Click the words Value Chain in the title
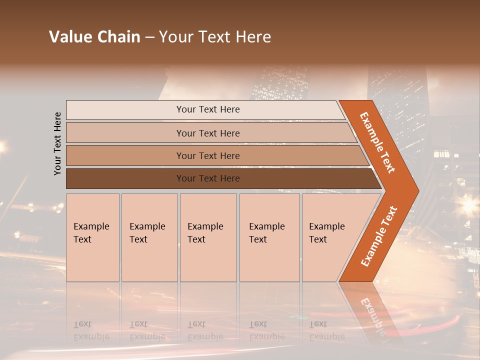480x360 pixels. pyautogui.click(x=94, y=36)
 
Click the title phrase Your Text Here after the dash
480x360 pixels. pyautogui.click(x=215, y=36)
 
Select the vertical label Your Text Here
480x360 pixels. pyautogui.click(x=57, y=143)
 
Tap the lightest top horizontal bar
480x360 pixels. pyautogui.click(x=207, y=109)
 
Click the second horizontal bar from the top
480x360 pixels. pyautogui.click(x=207, y=133)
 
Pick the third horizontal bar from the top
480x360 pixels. pyautogui.click(x=207, y=155)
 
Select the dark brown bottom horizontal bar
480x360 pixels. pyautogui.click(x=207, y=178)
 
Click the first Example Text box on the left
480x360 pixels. pyautogui.click(x=92, y=237)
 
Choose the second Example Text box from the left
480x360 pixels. pyautogui.click(x=149, y=237)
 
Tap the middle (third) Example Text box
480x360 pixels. pyautogui.click(x=208, y=237)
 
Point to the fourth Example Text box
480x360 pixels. pyautogui.click(x=269, y=237)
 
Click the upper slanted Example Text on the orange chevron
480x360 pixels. pyautogui.click(x=377, y=142)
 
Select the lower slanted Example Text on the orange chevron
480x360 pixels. pyautogui.click(x=379, y=236)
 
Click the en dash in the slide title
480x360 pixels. pyautogui.click(x=149, y=37)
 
